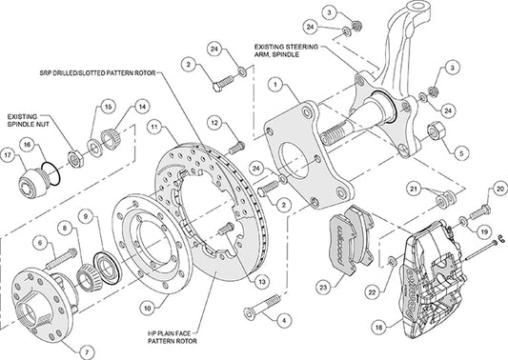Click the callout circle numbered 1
pyautogui.click(x=275, y=85)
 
